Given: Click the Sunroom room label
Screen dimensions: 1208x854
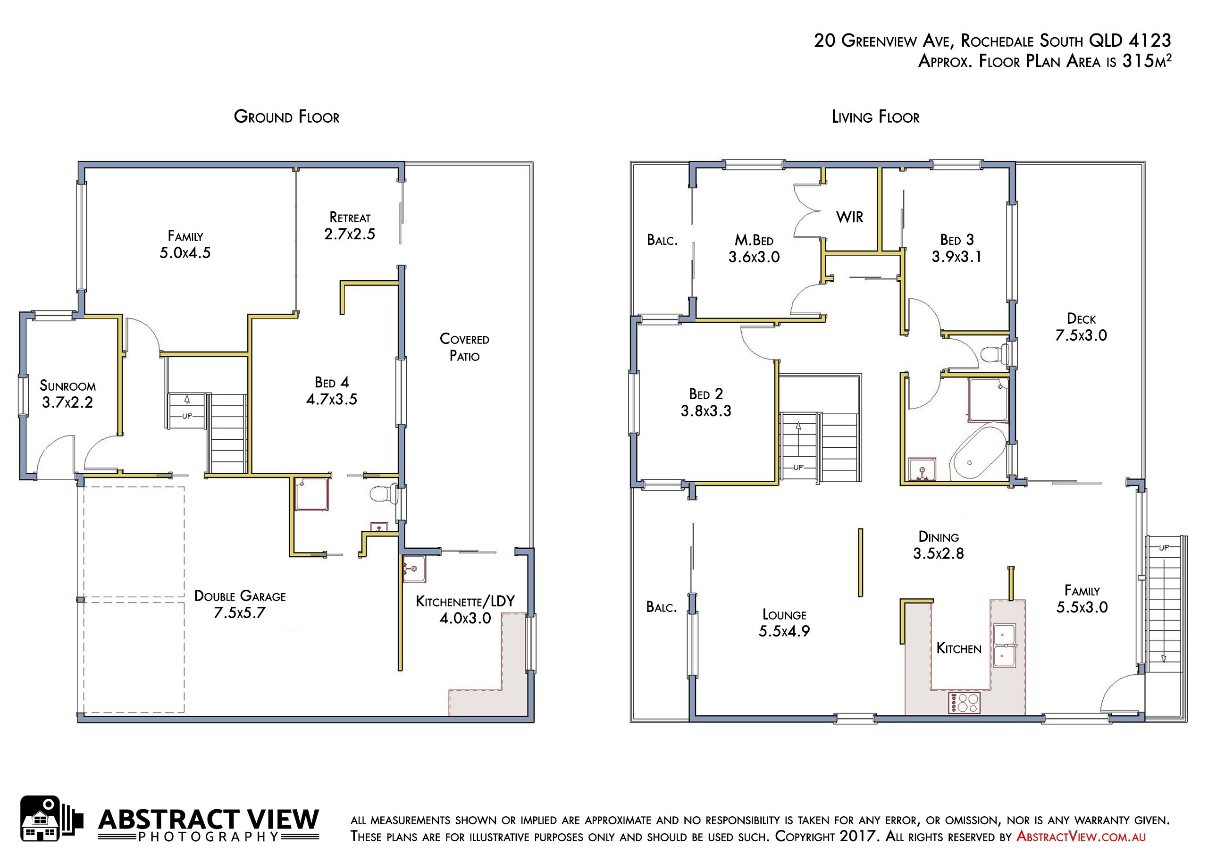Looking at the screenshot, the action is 67,385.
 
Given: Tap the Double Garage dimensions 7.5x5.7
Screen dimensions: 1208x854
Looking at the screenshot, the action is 239,613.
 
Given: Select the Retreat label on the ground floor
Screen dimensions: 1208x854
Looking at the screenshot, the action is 350,218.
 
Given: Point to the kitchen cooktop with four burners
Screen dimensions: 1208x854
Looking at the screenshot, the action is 965,703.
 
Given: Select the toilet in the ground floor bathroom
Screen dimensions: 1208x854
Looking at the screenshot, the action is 384,494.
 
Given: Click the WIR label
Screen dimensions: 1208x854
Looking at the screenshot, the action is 850,217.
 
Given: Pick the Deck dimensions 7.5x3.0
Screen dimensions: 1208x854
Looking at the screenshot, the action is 1081,335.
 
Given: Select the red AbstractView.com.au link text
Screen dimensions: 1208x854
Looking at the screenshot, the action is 1081,837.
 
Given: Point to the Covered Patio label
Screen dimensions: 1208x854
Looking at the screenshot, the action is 465,347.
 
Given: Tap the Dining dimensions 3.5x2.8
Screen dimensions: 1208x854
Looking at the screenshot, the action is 939,553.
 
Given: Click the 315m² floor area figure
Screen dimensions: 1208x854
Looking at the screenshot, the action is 1147,61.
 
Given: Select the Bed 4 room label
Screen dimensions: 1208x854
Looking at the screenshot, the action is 331,382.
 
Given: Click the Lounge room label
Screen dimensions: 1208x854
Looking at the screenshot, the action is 784,615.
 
